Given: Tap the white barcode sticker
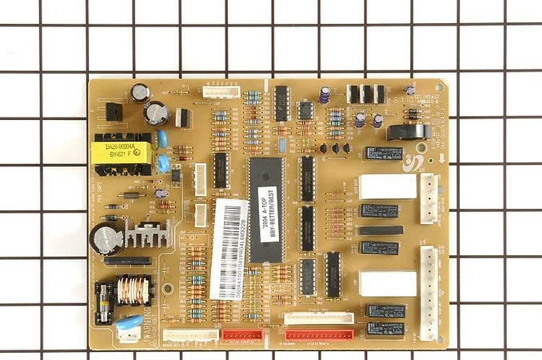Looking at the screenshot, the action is pyautogui.click(x=229, y=248).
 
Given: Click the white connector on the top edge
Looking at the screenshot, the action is pyautogui.click(x=221, y=91).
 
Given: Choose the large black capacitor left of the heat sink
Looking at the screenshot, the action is pyautogui.click(x=106, y=238).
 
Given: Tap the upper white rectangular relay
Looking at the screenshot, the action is pyautogui.click(x=388, y=186).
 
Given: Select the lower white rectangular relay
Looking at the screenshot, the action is pyautogui.click(x=388, y=283).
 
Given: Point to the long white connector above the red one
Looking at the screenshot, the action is pyautogui.click(x=319, y=318).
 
